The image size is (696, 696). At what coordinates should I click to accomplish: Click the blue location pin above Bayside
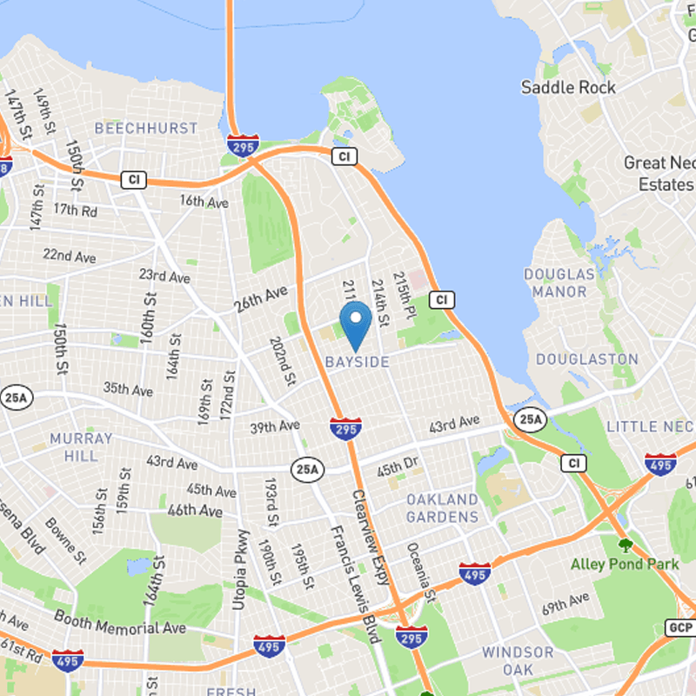355,324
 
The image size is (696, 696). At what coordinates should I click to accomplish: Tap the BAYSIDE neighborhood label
357,361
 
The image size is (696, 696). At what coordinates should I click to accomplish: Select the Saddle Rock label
568,87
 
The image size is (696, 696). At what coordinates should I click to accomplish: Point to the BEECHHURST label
146,128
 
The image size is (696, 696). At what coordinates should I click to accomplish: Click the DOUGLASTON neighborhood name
586,359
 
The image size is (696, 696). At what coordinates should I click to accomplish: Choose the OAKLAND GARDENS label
442,508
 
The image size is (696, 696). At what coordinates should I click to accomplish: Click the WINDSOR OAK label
517,661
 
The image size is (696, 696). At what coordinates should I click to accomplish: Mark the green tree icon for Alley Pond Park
624,545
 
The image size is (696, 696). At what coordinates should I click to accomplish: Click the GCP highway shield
681,627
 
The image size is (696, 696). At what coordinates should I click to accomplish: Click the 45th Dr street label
398,470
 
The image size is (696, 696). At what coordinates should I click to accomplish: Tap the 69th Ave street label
565,603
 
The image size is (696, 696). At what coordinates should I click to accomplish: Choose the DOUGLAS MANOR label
559,284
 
